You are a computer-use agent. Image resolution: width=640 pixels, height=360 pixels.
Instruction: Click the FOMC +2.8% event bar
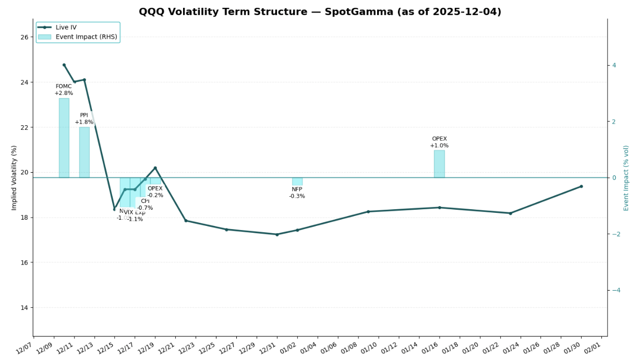[x=64, y=138]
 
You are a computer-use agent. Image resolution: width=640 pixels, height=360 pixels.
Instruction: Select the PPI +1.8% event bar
[x=84, y=152]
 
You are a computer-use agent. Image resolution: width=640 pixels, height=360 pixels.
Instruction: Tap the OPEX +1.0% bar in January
[x=439, y=164]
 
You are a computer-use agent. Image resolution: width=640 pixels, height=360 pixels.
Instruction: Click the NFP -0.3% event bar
[x=297, y=182]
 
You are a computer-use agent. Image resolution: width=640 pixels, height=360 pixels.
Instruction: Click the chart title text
[x=320, y=12]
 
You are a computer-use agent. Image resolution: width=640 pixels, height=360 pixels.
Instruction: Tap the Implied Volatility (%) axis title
[x=14, y=178]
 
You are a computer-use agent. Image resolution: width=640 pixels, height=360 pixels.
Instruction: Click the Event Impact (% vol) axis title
[x=626, y=178]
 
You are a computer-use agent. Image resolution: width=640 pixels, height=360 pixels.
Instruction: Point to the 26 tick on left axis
[x=25, y=37]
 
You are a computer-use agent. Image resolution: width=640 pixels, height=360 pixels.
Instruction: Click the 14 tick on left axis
[x=25, y=308]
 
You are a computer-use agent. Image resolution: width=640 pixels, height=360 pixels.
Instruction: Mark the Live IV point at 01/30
[x=581, y=186]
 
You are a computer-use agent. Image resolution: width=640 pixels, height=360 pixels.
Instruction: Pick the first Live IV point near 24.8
[x=64, y=65]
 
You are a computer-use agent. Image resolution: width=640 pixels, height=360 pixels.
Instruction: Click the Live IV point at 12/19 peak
[x=155, y=168]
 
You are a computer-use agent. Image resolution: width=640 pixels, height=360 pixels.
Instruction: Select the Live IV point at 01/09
[x=368, y=212]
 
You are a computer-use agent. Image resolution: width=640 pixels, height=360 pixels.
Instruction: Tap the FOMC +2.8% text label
[x=64, y=90]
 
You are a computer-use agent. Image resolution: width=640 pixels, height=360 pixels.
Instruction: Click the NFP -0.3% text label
[x=297, y=193]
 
